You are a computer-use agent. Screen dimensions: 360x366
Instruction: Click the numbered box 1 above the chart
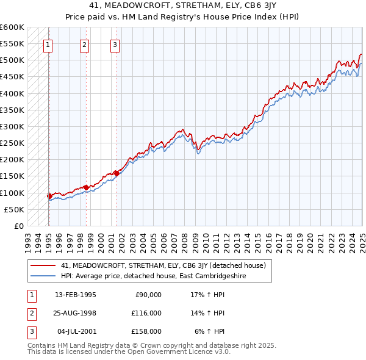(x=48, y=44)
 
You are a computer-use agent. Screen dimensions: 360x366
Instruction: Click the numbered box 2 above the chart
(x=84, y=44)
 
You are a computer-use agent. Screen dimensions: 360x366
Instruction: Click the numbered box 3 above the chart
(x=115, y=44)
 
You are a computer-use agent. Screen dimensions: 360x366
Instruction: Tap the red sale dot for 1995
(x=49, y=196)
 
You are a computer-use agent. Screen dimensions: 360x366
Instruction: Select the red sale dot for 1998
(x=87, y=187)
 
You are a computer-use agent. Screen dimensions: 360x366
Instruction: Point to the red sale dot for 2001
(x=117, y=173)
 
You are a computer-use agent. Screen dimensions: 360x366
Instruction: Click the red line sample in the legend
(x=43, y=265)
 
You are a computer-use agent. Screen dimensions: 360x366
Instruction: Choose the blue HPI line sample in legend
(x=43, y=276)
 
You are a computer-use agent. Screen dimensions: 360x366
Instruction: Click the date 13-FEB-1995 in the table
(x=76, y=295)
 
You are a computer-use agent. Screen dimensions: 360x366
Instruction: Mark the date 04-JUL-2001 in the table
(x=77, y=331)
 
